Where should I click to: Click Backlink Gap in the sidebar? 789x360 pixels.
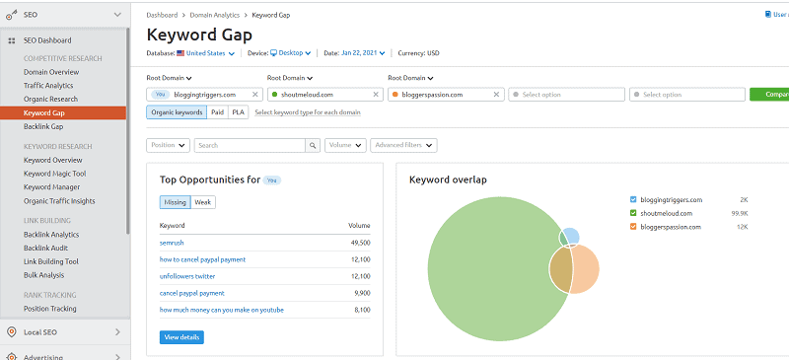click(x=45, y=127)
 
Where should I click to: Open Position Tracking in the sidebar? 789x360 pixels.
click(x=51, y=309)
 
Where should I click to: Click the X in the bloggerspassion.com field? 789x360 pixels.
click(x=497, y=95)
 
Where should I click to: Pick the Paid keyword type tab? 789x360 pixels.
click(x=217, y=112)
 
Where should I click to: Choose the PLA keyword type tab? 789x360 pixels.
click(x=238, y=112)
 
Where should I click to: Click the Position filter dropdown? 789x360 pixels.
click(x=168, y=145)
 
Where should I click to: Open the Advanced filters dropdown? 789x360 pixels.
click(x=403, y=145)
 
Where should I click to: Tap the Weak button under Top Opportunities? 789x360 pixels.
click(x=203, y=202)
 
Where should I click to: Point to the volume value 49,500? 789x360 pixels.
click(x=359, y=243)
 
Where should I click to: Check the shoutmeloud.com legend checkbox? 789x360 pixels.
click(x=633, y=213)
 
